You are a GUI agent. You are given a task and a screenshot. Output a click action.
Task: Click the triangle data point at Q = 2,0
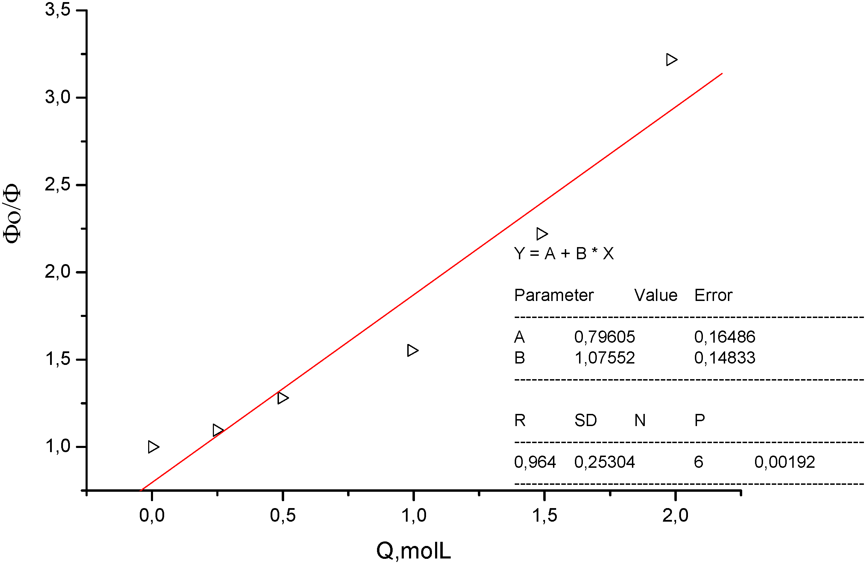click(x=671, y=60)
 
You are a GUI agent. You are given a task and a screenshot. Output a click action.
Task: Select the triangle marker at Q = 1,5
click(x=542, y=234)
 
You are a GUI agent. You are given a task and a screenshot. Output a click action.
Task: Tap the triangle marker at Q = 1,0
click(x=412, y=351)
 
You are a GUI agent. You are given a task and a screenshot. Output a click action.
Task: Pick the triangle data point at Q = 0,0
click(x=153, y=447)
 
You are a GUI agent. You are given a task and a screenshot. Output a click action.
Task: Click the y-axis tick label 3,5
click(x=57, y=9)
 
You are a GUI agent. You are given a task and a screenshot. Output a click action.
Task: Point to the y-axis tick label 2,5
click(x=57, y=185)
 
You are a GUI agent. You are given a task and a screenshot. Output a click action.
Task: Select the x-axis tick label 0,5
click(x=283, y=515)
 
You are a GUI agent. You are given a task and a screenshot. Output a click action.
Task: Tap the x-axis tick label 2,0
click(x=675, y=515)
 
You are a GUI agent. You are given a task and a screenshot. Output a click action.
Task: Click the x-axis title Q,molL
click(x=414, y=550)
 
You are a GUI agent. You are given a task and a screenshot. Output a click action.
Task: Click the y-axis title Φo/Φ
click(x=11, y=213)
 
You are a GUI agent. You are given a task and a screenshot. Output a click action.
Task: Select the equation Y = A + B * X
click(x=564, y=253)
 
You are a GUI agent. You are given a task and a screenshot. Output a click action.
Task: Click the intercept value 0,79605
click(x=604, y=337)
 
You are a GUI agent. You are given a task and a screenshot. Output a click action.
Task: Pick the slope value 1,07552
click(x=604, y=358)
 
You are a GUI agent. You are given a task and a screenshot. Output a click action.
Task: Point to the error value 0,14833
click(x=724, y=358)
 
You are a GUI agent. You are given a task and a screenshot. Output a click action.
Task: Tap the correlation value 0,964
click(x=535, y=462)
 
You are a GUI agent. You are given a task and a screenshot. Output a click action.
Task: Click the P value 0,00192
click(x=785, y=462)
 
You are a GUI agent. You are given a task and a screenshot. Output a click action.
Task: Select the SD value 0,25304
click(x=604, y=462)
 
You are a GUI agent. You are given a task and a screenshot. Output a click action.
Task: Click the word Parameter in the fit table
click(x=553, y=295)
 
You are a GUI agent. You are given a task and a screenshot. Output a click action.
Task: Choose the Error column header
click(x=713, y=295)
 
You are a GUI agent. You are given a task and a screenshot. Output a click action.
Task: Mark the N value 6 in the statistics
click(x=698, y=462)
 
